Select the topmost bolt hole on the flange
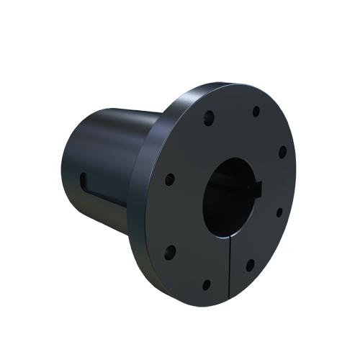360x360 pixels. tap(256, 112)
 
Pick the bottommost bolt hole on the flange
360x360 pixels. tap(207, 284)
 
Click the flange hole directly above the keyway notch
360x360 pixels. tap(282, 152)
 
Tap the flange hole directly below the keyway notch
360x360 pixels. tap(279, 212)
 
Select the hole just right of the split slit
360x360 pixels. tap(251, 265)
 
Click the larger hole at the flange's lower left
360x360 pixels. tap(171, 251)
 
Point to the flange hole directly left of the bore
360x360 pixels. tap(170, 179)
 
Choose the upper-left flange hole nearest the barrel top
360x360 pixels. tap(209, 117)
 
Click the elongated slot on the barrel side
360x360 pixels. tap(101, 183)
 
